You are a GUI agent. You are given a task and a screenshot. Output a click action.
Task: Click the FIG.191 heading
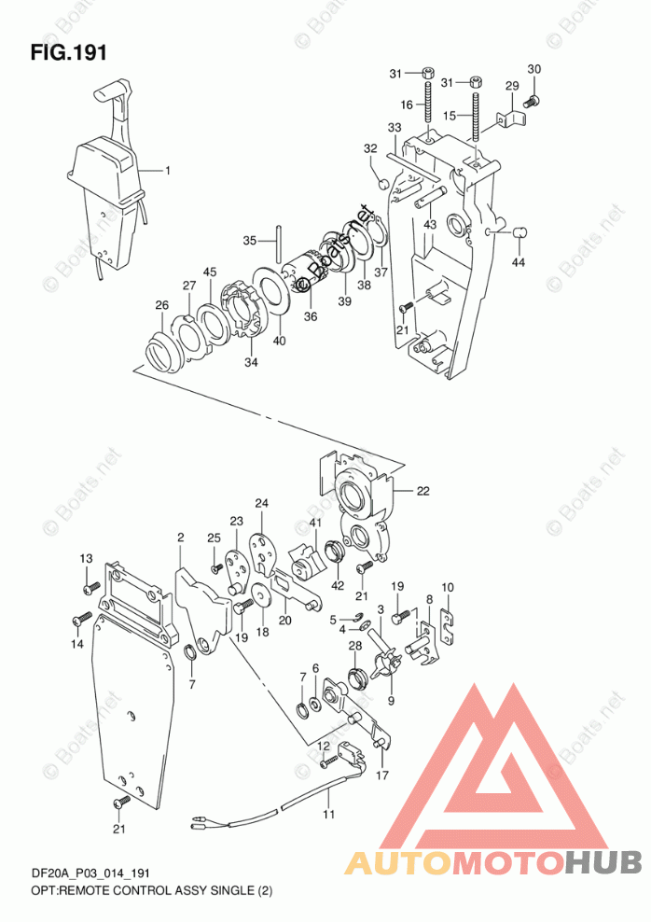pos(68,52)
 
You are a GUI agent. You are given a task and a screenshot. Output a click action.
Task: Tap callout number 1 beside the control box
pos(168,171)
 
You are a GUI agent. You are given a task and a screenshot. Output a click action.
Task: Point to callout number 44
pos(518,262)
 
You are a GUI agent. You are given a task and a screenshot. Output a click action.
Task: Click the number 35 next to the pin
pos(249,241)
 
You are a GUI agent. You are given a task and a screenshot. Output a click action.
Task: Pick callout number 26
pos(161,305)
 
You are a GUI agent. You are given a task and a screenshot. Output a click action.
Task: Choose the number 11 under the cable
pos(327,816)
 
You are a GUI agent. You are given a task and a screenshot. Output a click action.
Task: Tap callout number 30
pos(533,70)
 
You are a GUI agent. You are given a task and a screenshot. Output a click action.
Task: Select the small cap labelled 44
pos(520,230)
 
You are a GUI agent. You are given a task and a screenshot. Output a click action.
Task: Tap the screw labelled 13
pos(90,588)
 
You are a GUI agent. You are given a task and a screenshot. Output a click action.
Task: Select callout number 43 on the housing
pos(429,225)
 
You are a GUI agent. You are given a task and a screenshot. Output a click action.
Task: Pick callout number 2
pos(180,537)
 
